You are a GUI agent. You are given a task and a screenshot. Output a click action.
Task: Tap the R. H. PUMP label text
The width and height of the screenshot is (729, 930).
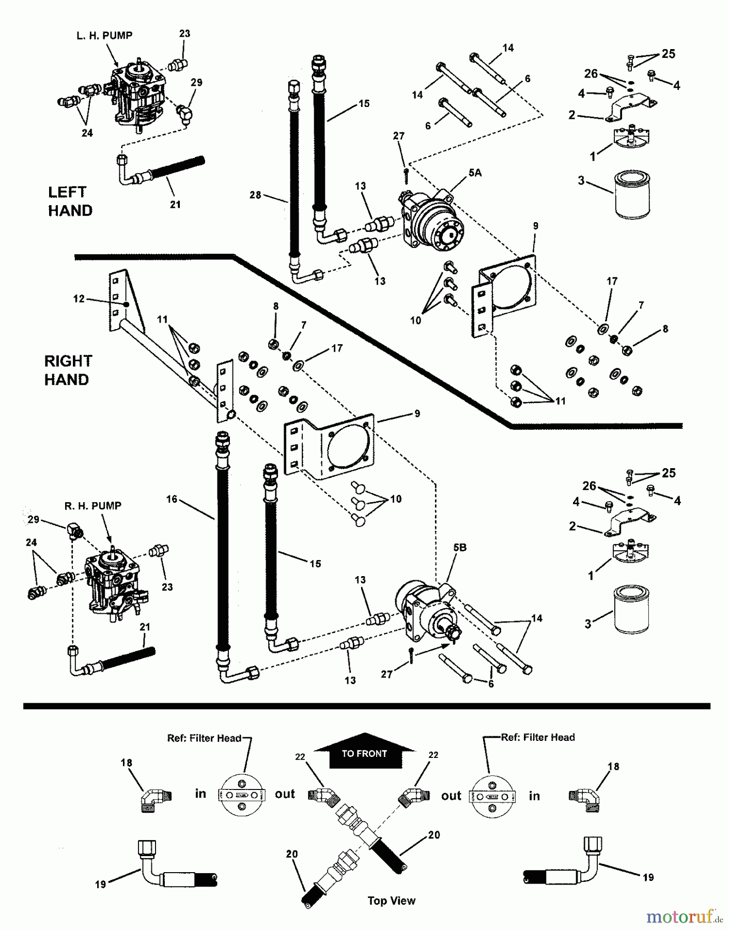coord(93,506)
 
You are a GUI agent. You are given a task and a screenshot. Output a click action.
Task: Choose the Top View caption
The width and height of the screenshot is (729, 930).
coord(391,901)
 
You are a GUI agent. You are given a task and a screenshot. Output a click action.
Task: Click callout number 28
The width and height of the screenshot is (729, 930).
coord(255,195)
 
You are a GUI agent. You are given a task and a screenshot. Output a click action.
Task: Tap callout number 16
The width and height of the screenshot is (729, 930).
coord(172,499)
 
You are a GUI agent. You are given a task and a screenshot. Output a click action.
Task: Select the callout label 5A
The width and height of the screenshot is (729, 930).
coord(474,174)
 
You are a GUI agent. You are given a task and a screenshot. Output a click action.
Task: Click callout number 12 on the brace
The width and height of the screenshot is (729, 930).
coord(79,299)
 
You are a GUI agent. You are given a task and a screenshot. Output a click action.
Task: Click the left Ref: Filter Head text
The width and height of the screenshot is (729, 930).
coord(204,738)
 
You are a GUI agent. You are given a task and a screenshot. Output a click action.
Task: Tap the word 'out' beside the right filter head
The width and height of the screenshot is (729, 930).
coord(451,796)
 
